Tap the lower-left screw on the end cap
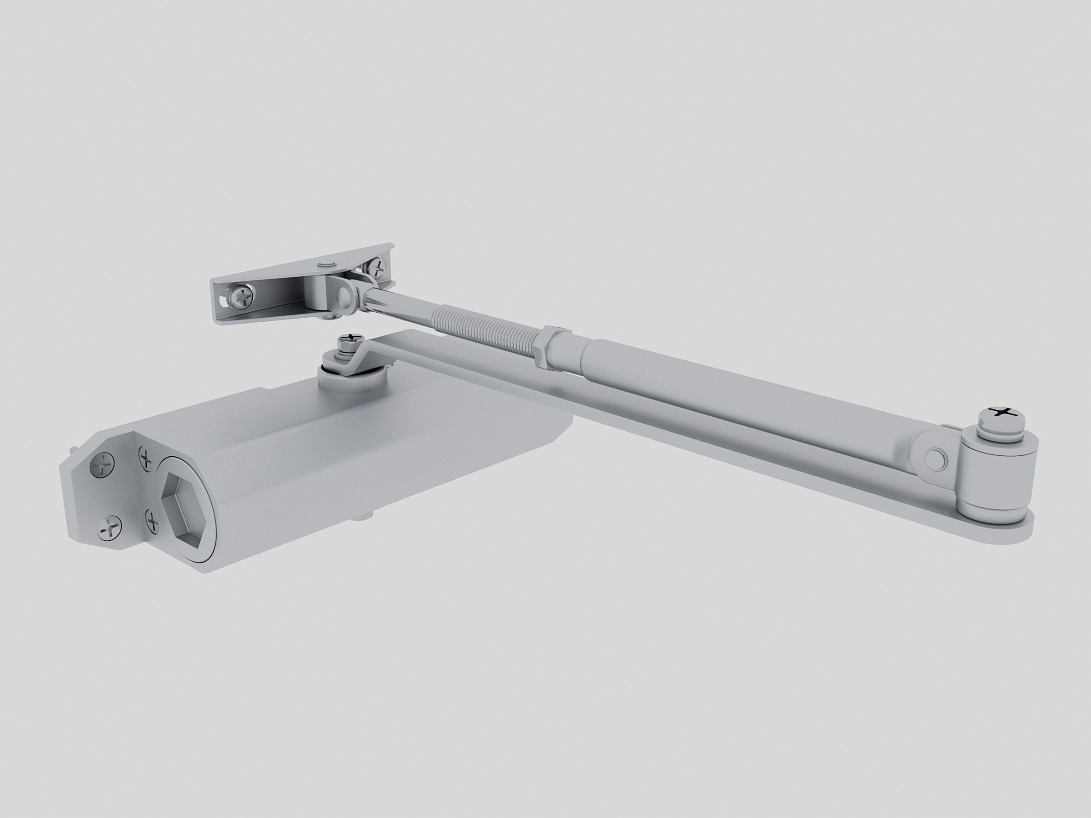coord(110,530)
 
